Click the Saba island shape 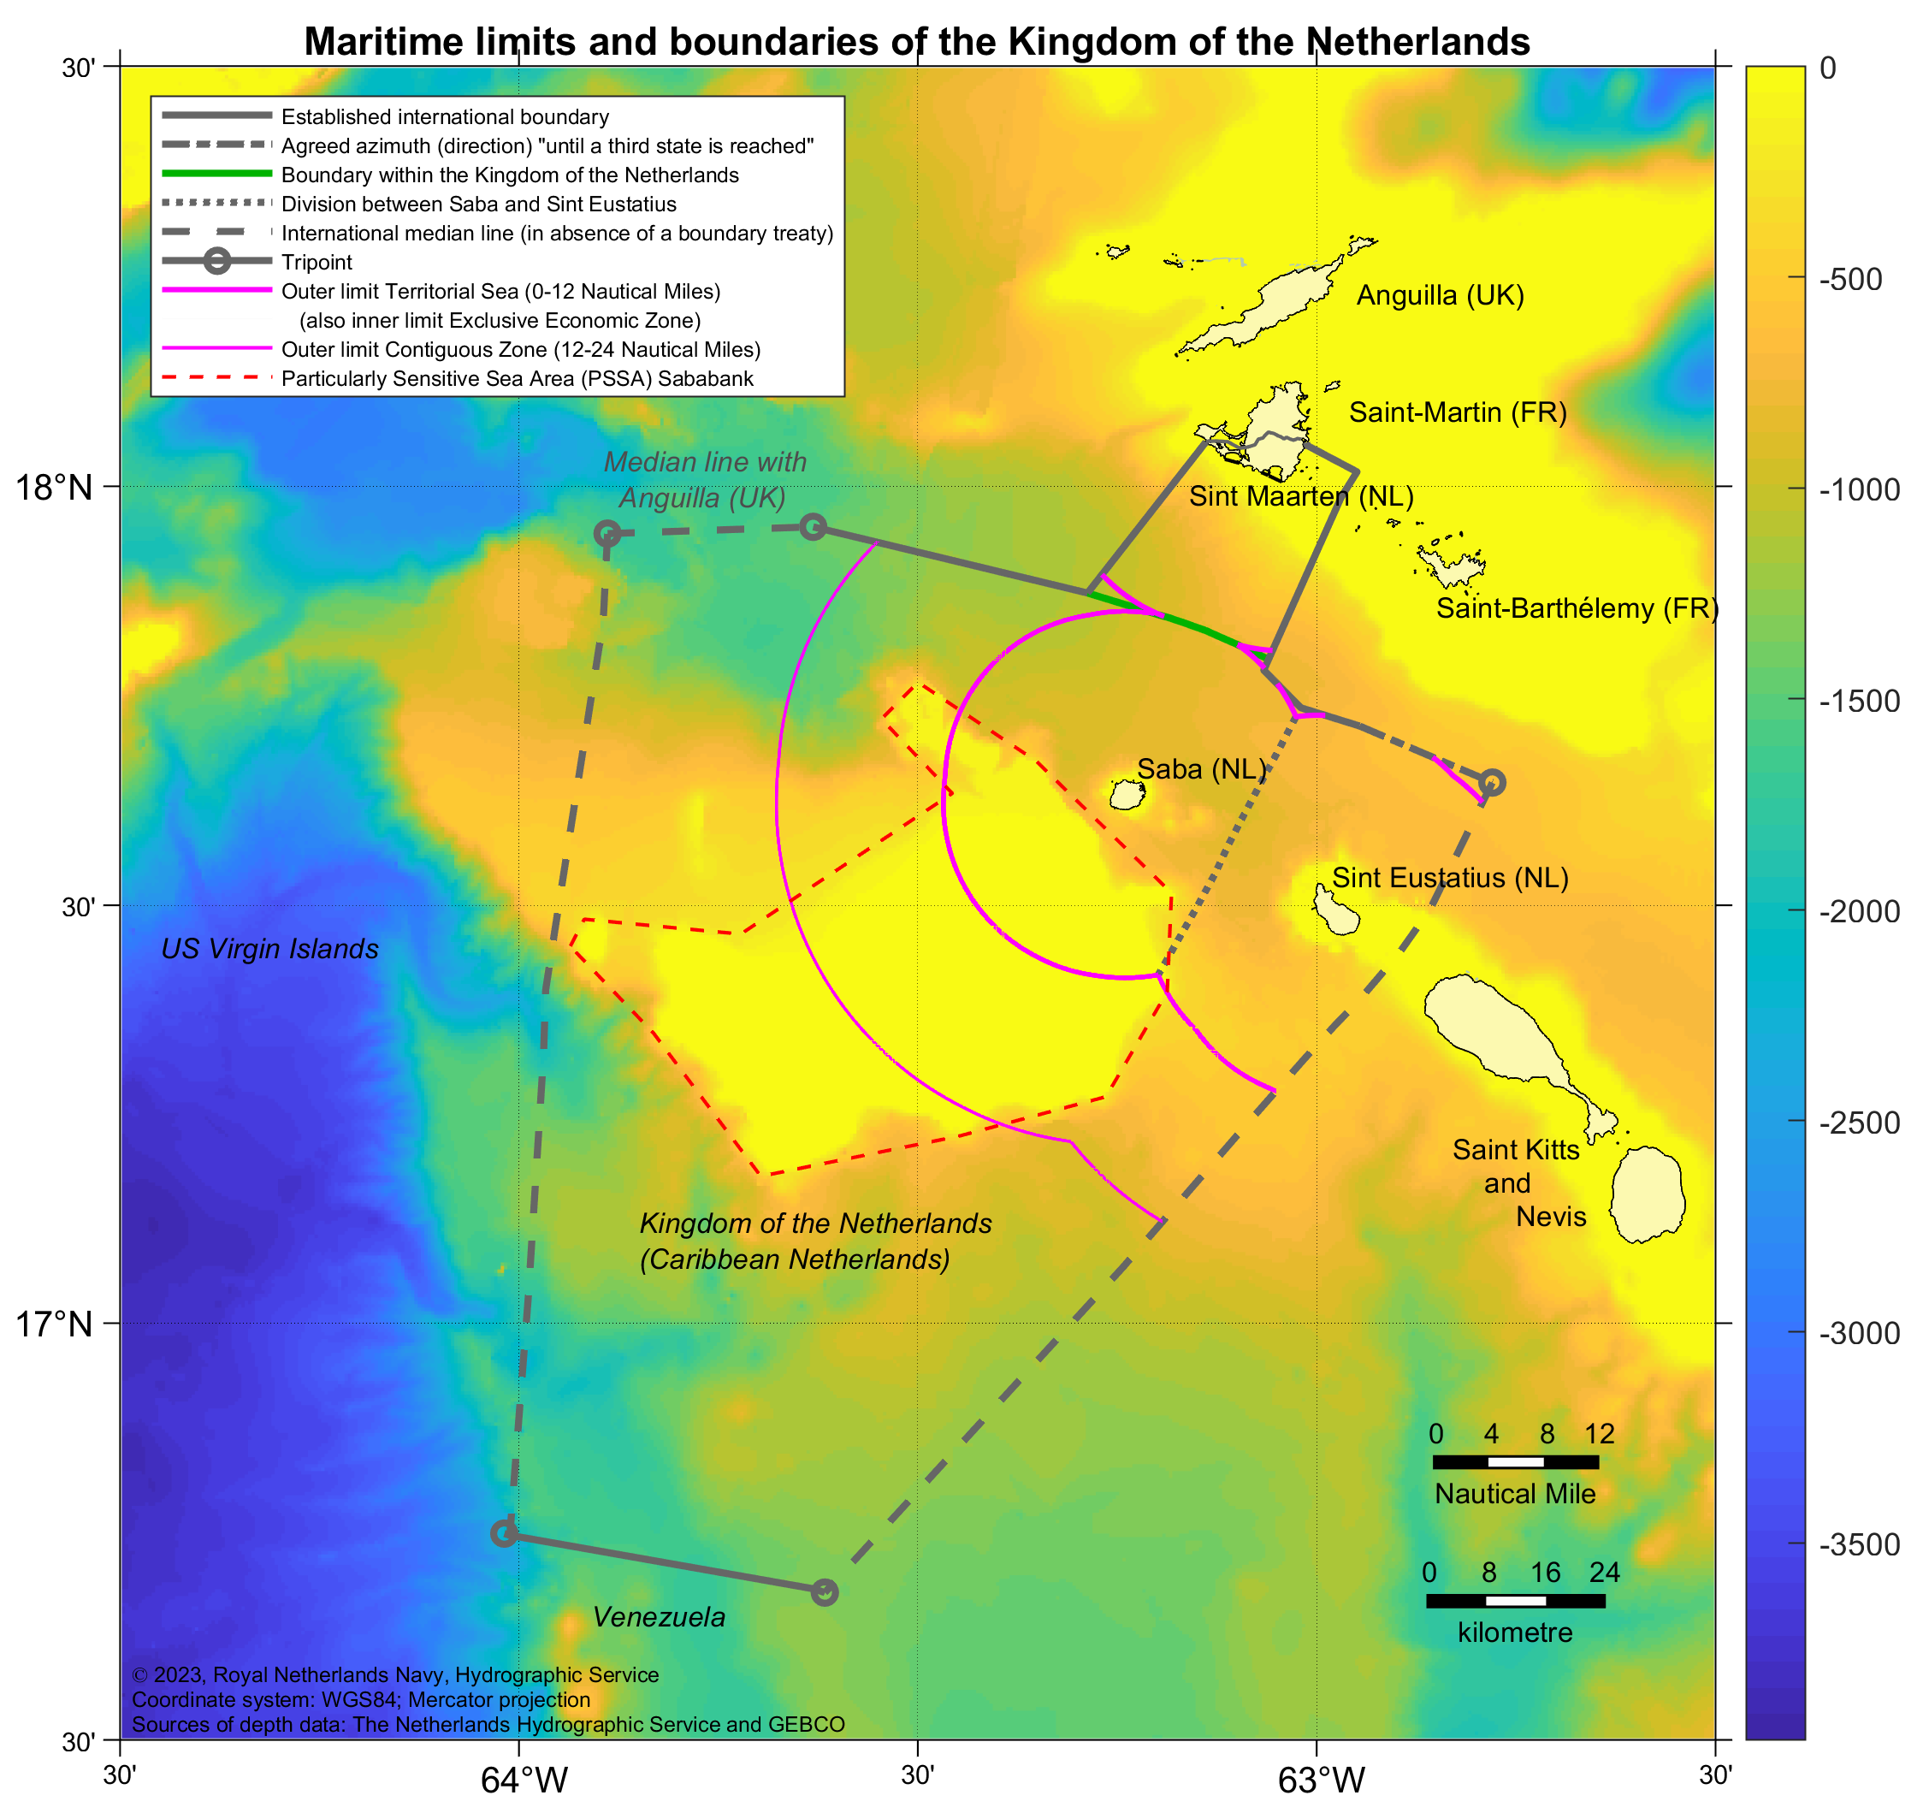click(x=1127, y=796)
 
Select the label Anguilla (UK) click(x=1440, y=295)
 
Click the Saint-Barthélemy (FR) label click(x=1577, y=608)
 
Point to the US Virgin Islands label click(x=269, y=948)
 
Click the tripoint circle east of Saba click(x=1493, y=781)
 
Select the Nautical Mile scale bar click(x=1515, y=1461)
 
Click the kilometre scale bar click(x=1515, y=1601)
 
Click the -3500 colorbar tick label click(x=1859, y=1544)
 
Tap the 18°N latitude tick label click(x=55, y=487)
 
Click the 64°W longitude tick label click(x=524, y=1779)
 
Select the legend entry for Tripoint click(x=317, y=262)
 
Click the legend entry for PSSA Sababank click(x=516, y=378)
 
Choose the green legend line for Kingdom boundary click(x=216, y=174)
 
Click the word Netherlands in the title click(x=1417, y=42)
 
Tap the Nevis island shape click(x=1647, y=1194)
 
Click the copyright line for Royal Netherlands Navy click(x=395, y=1674)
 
